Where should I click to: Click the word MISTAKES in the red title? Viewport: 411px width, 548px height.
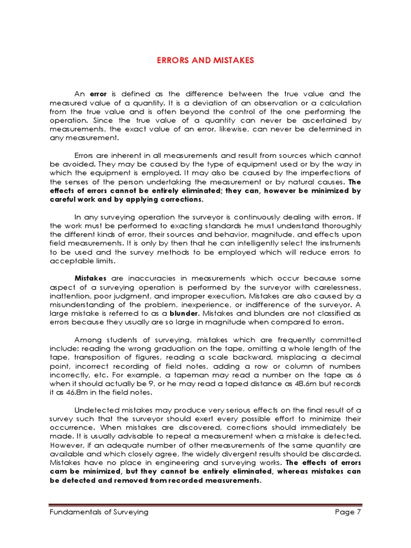point(231,60)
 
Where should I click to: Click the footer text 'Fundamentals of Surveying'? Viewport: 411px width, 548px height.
point(98,512)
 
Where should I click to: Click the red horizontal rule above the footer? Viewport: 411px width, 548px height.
point(205,505)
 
